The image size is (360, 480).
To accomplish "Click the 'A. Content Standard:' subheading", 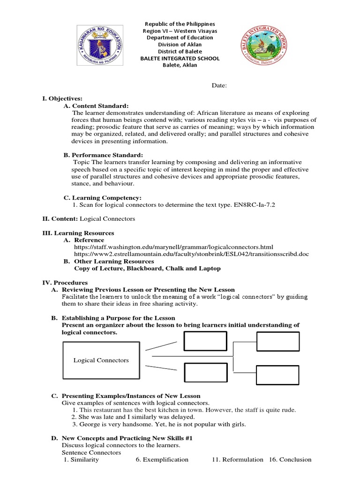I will (x=96, y=106).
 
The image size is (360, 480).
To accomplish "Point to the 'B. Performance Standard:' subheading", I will (x=103, y=155).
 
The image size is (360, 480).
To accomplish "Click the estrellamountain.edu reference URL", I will (x=191, y=254).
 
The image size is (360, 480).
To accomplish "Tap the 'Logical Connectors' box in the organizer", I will (x=101, y=360).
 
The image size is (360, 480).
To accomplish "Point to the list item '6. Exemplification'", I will (x=162, y=460).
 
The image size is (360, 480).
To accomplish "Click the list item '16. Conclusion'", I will (x=290, y=460).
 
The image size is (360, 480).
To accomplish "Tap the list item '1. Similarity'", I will (x=81, y=460).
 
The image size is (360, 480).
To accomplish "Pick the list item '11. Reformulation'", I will (x=237, y=460).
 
